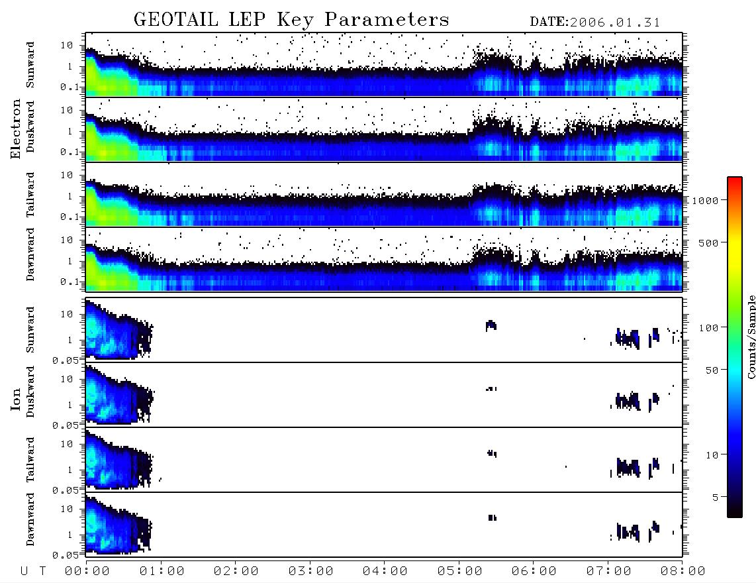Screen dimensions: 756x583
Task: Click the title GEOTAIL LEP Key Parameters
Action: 291,20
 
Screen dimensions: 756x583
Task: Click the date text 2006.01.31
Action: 615,23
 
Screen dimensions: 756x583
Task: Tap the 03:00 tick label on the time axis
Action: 310,571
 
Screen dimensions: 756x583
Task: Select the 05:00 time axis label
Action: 459,571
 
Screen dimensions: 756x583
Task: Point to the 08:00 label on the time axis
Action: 683,571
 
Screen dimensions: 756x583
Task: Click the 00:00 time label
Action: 87,571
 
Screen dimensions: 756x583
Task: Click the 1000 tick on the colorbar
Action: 705,200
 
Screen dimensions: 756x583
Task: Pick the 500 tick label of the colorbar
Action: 708,242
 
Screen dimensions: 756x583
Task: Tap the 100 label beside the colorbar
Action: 708,328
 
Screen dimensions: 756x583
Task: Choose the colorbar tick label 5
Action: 716,497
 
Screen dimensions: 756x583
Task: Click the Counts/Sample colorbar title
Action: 751,337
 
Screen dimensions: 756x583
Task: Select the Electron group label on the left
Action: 15,129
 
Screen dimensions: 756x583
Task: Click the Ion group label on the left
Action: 15,399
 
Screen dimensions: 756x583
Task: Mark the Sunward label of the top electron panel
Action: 30,65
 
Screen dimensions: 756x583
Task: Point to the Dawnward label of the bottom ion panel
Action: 30,519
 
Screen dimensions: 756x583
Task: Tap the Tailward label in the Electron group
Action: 30,195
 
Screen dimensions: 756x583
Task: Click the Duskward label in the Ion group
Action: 30,392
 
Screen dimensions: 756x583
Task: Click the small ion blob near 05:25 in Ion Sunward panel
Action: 491,326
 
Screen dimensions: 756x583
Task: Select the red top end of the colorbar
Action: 735,180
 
